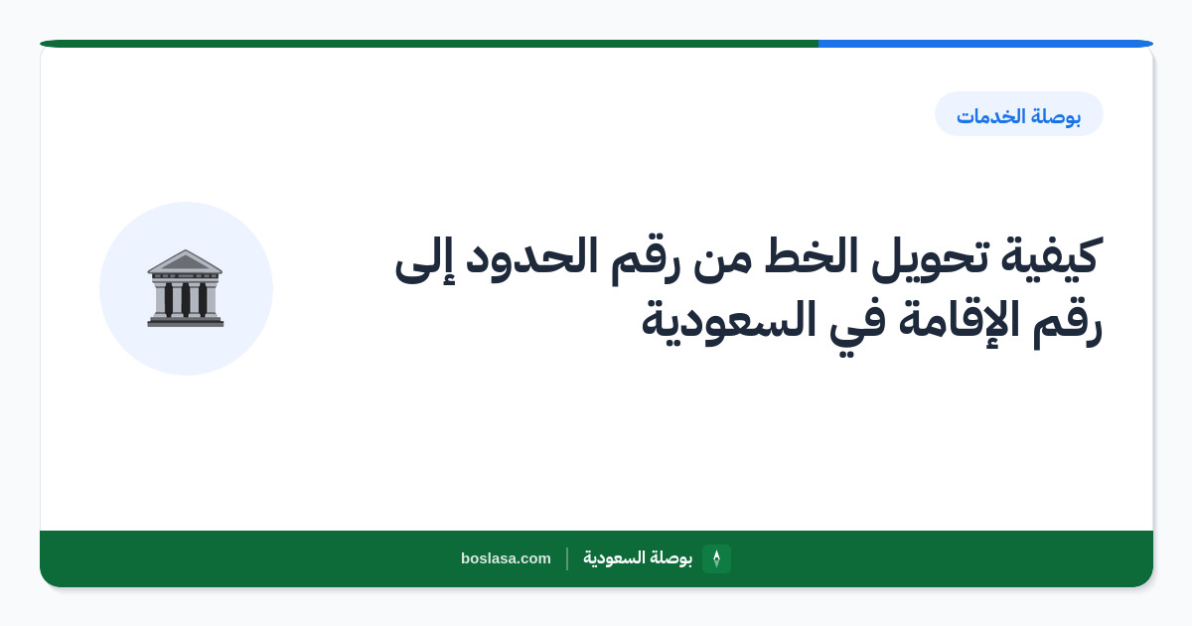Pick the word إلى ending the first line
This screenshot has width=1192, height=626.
click(425, 258)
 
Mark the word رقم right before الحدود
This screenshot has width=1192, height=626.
click(645, 260)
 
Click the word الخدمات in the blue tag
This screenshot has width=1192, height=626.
click(991, 116)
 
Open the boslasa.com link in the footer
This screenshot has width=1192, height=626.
click(506, 558)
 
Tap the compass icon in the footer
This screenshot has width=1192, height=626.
click(716, 558)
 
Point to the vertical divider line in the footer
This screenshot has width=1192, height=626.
click(567, 558)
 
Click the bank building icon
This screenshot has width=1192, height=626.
click(185, 288)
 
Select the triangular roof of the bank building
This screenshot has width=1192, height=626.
click(185, 261)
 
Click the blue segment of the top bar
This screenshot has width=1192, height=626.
click(985, 44)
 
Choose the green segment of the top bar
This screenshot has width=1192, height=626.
click(429, 44)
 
